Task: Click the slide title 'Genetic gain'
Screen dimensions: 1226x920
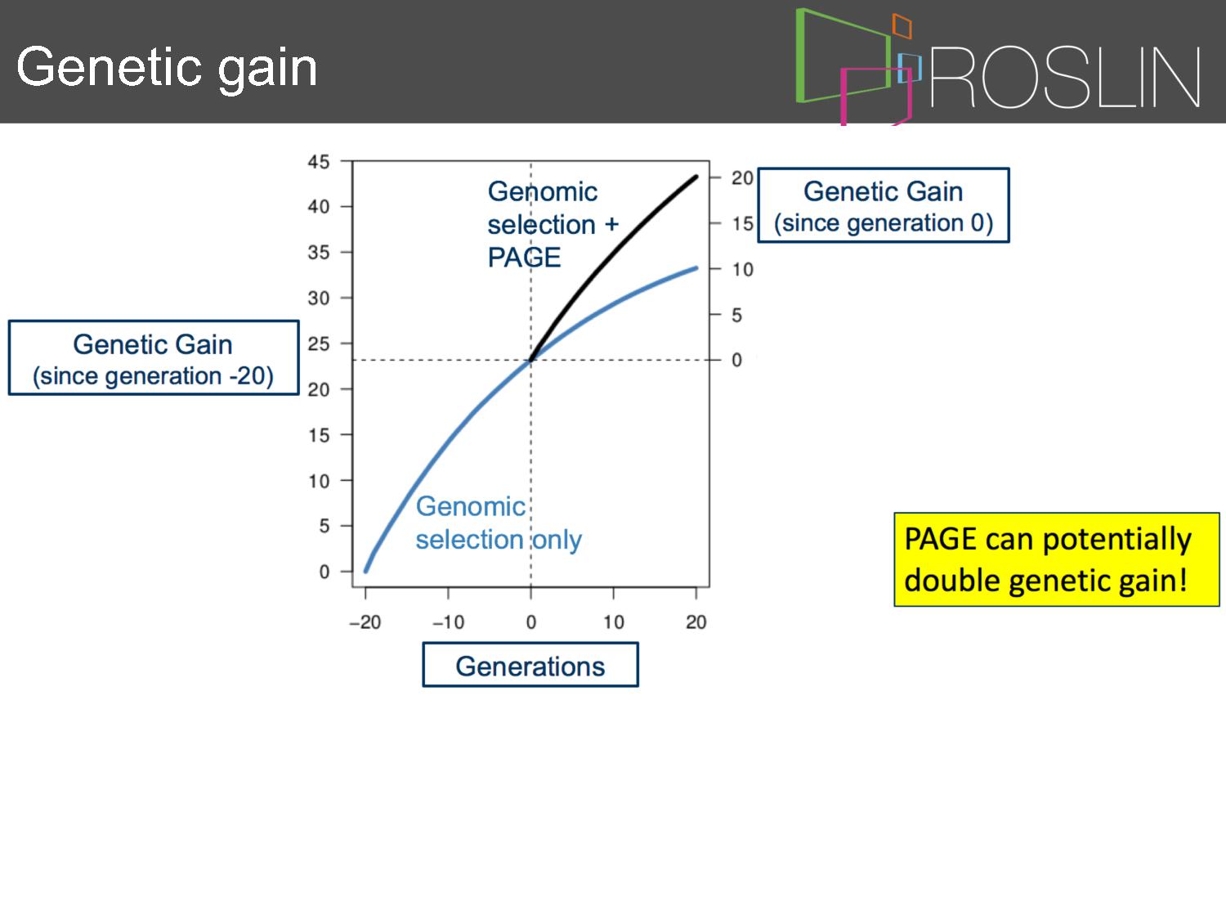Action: [167, 69]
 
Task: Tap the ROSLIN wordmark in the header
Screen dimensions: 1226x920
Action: [1065, 77]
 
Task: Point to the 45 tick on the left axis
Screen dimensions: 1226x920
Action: [319, 161]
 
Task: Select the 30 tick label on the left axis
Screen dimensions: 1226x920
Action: [319, 298]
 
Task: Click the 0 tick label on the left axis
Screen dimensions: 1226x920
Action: [324, 572]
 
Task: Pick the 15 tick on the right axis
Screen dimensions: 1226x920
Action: [743, 223]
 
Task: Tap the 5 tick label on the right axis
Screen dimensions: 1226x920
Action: [736, 315]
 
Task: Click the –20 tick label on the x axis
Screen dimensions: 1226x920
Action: [365, 622]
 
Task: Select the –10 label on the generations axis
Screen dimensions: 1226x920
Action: [448, 622]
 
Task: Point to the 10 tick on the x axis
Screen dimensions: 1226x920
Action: [613, 622]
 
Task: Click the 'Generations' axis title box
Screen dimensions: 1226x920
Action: [530, 665]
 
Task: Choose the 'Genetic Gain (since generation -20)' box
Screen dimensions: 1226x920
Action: [154, 358]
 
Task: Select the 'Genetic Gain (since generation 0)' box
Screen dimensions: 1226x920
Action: [883, 205]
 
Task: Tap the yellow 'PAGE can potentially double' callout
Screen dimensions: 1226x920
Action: [1056, 559]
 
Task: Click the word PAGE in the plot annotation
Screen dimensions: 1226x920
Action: [524, 258]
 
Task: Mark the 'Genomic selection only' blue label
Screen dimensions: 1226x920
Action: [499, 523]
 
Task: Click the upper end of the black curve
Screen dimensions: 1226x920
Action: [696, 177]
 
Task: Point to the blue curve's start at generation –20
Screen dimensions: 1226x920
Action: [366, 571]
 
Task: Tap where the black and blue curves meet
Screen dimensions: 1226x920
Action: [530, 360]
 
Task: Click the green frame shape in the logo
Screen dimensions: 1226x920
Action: [801, 56]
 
